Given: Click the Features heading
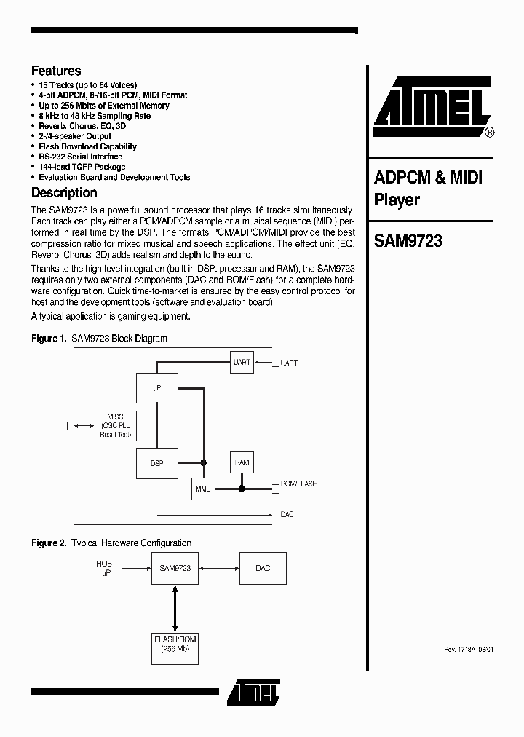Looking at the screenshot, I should (56, 71).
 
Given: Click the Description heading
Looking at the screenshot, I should (64, 193).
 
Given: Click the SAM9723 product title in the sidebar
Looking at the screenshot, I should (408, 241).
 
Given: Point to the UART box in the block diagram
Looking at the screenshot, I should (242, 363).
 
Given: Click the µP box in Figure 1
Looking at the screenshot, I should (156, 390).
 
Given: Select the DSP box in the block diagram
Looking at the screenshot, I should (156, 463).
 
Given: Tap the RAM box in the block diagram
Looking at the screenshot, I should (242, 462).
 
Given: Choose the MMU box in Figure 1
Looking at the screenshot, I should (203, 489).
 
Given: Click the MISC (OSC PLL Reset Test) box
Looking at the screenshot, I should (115, 425).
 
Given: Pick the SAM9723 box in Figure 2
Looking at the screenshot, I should (175, 568).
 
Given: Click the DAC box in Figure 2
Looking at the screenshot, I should (263, 568).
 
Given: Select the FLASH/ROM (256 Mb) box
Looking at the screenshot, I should (175, 644).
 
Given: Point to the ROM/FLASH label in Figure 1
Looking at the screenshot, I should (298, 484).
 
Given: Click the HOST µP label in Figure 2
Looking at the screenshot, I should (106, 569).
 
